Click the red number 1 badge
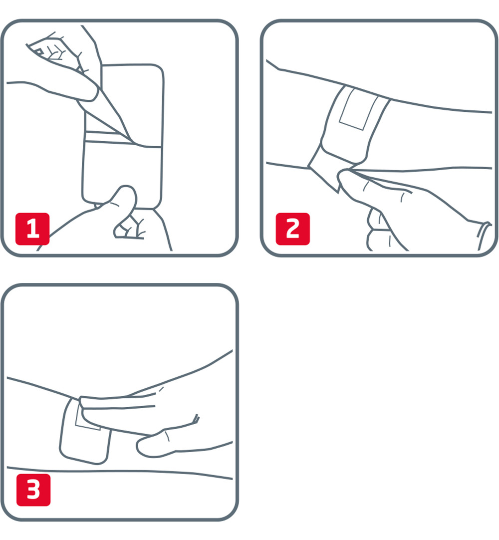click(x=32, y=229)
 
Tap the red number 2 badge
click(x=292, y=229)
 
